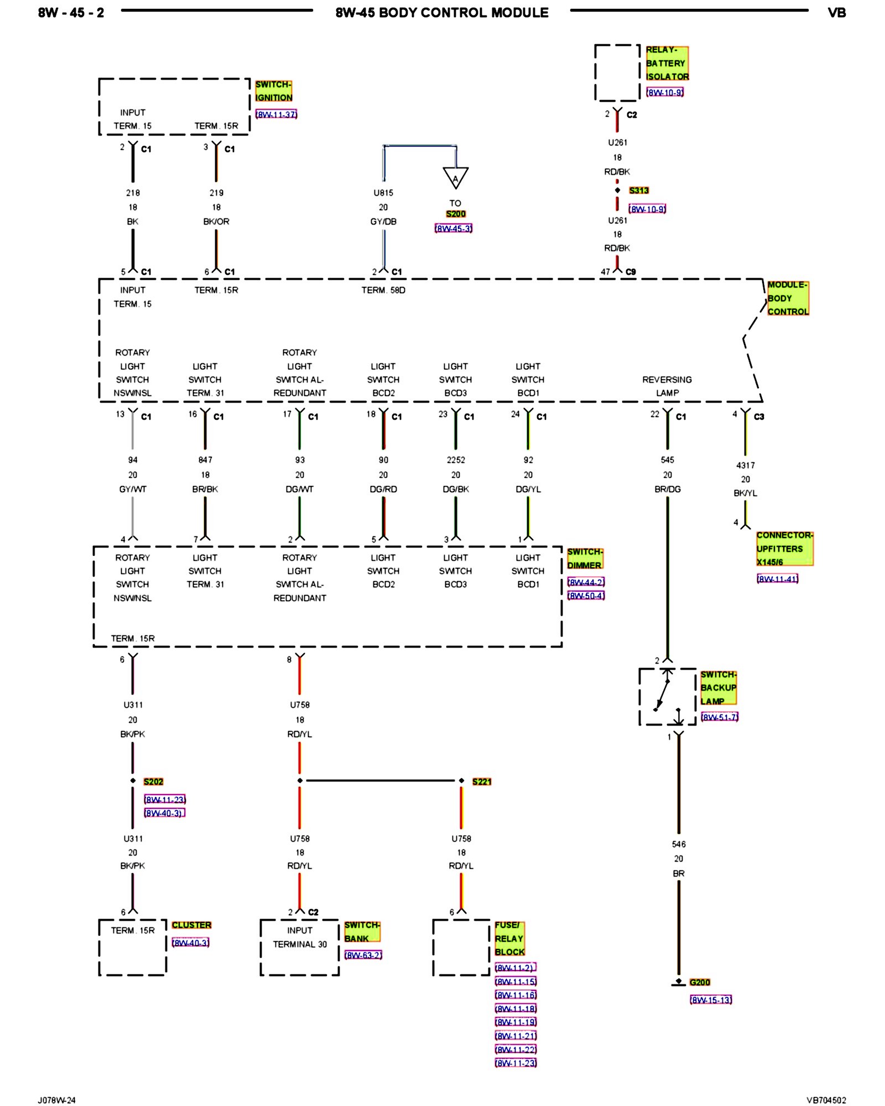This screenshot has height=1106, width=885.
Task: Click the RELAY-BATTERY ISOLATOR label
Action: click(x=667, y=63)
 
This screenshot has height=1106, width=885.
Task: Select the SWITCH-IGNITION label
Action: click(x=273, y=91)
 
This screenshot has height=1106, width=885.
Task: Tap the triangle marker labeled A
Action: click(x=455, y=177)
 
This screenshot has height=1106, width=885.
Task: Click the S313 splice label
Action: click(x=638, y=190)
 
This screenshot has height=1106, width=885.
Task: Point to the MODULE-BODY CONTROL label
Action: click(x=788, y=298)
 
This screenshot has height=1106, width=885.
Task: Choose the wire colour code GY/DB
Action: click(x=383, y=222)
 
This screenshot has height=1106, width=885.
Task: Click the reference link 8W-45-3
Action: click(x=454, y=228)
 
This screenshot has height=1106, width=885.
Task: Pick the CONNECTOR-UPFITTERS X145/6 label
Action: click(x=784, y=549)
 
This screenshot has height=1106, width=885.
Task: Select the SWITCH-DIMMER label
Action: click(x=585, y=559)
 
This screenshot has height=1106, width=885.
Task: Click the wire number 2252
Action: click(x=456, y=460)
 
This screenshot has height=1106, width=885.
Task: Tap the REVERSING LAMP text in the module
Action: click(x=667, y=386)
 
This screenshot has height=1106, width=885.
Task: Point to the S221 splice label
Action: click(x=482, y=781)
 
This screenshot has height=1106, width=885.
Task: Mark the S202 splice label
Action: click(x=153, y=781)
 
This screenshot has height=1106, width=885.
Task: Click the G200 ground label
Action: click(x=700, y=982)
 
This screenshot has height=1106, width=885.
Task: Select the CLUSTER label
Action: click(x=191, y=925)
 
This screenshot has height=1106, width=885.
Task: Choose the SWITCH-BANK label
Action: click(x=362, y=931)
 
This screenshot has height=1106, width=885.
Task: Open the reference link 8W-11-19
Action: click(x=516, y=1022)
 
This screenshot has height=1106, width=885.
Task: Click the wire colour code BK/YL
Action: click(x=745, y=493)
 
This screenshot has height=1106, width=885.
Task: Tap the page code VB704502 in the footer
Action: click(x=826, y=1100)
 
